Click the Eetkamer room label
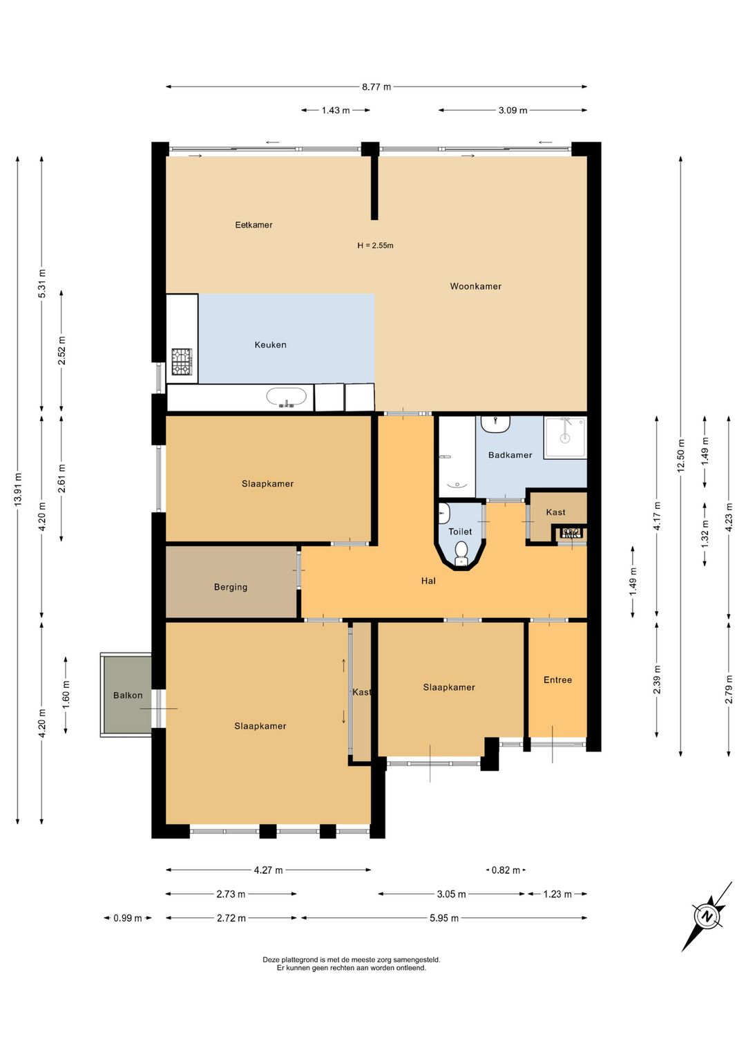pos(254,225)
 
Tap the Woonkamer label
pos(475,286)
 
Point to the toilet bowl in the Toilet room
pos(461,552)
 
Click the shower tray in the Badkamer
pos(565,438)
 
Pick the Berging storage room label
pos(231,588)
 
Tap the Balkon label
pos(128,695)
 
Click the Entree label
pos(557,680)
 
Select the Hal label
pos(428,581)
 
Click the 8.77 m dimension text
pos(376,87)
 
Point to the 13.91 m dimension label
pos(18,489)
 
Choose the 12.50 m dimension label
pos(680,456)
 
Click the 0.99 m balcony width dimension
pos(128,918)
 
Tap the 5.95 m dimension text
pos(444,918)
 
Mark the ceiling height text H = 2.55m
pos(375,245)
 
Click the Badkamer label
pos(510,455)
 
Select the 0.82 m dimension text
pos(506,870)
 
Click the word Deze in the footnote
pos(271,960)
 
